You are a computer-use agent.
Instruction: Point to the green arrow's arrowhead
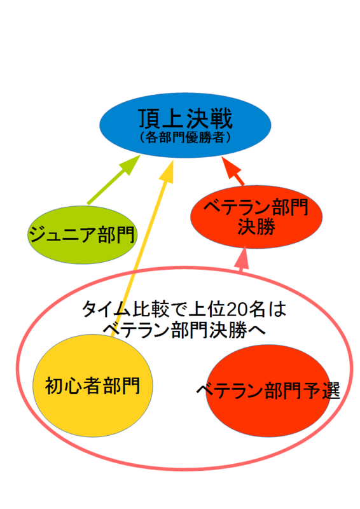tap(130, 169)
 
